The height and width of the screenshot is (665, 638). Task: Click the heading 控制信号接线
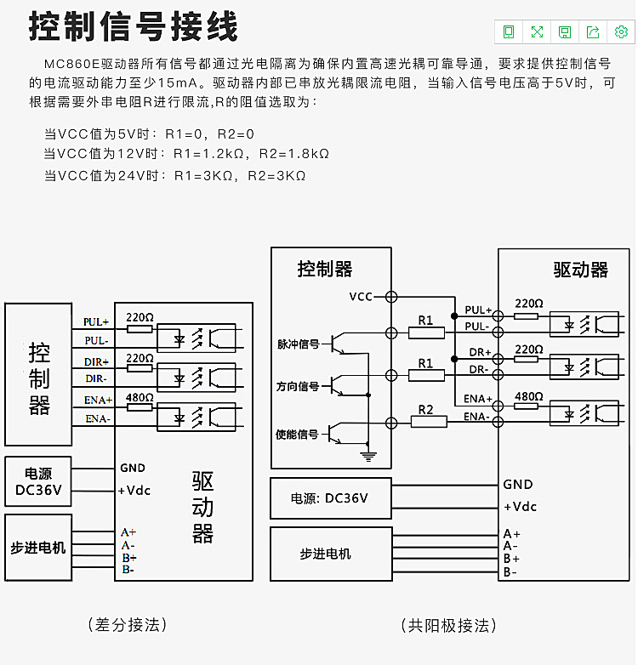[134, 27]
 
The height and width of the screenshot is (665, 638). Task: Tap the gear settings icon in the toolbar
[621, 31]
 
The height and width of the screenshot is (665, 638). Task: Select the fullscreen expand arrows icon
[537, 31]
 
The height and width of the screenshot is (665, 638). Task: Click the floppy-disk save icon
[565, 31]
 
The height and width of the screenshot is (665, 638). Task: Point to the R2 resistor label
[426, 410]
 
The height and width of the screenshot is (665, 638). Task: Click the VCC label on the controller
[361, 297]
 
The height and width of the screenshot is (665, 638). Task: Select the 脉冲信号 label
[298, 344]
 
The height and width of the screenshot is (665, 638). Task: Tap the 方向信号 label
[298, 386]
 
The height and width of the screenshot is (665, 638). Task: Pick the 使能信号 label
[297, 434]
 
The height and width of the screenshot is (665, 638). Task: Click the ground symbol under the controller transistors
[367, 457]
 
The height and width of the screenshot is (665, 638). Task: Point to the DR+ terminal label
[481, 352]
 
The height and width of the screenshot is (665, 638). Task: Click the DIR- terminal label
[95, 378]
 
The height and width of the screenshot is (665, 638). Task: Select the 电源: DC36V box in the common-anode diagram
[330, 498]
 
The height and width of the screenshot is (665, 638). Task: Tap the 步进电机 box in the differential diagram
[38, 547]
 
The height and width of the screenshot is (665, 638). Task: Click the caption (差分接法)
[128, 625]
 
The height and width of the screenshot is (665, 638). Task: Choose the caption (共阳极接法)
[448, 626]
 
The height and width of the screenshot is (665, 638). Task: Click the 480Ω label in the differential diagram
[140, 397]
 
